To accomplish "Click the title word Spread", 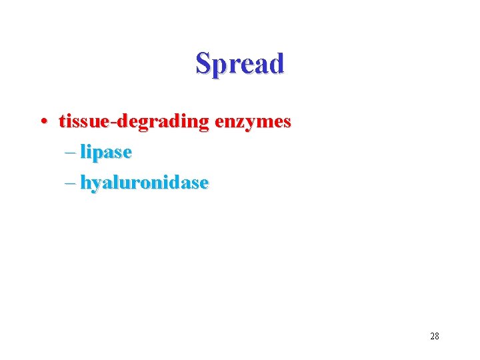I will tap(240, 63).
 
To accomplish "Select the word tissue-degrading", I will tap(134, 122).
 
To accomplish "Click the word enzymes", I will tap(253, 122).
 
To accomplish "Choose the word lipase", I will tap(105, 153).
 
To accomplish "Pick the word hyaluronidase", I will tap(144, 182).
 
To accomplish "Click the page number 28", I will tap(435, 336).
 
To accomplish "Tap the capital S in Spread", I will tap(203, 63).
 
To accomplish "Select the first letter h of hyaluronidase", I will tap(86, 182).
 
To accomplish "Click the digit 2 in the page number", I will tap(432, 336).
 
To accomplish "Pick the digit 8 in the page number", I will tap(437, 336).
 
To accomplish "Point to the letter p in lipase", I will tap(99, 155).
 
